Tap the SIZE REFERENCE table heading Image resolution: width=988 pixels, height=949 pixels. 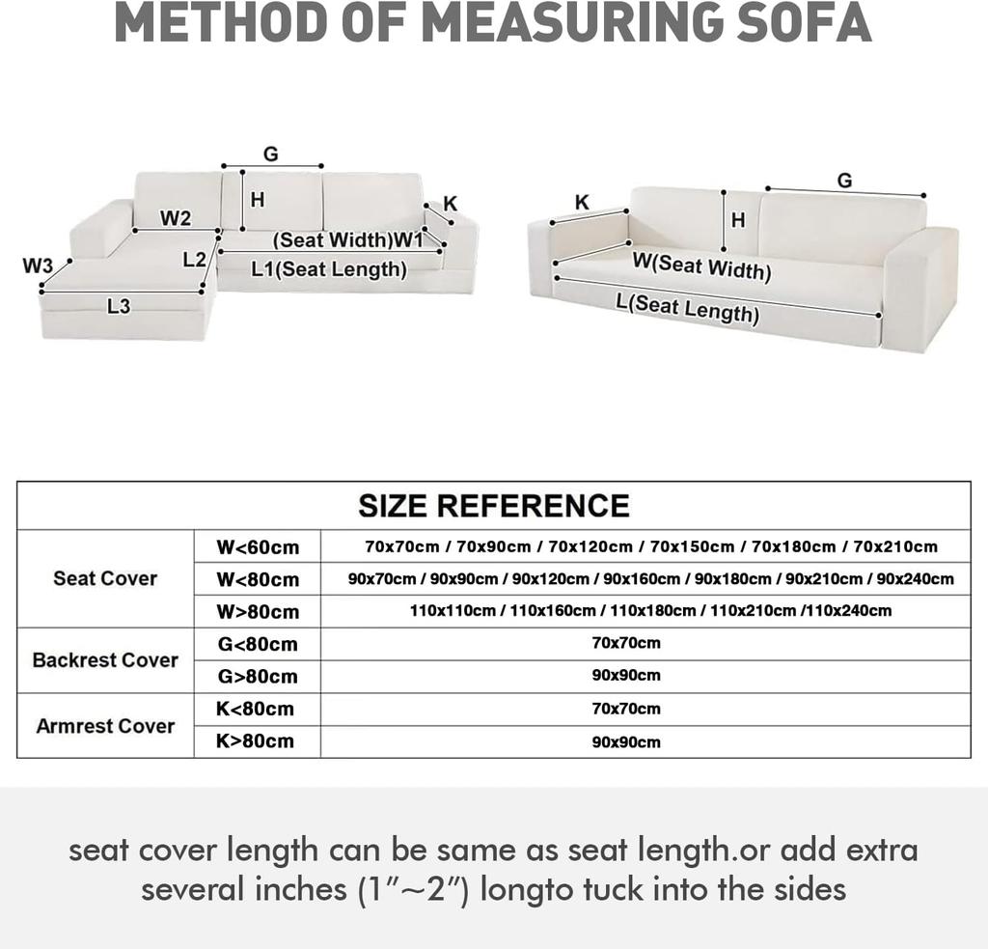[x=494, y=505]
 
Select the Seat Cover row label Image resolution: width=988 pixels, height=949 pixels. [x=105, y=578]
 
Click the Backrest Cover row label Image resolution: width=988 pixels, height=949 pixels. [x=105, y=660]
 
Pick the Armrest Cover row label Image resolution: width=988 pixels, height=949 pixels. [x=105, y=726]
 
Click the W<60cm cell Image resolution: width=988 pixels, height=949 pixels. [x=258, y=547]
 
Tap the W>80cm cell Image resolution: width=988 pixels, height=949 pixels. [x=258, y=611]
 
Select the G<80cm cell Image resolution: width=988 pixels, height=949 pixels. [x=258, y=644]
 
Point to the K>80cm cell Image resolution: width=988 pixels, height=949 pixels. [x=256, y=741]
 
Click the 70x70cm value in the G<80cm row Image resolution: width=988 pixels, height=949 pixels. [x=626, y=643]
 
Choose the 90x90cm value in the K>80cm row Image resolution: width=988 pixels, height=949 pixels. [x=626, y=741]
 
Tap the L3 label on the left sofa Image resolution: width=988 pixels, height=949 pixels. [x=119, y=306]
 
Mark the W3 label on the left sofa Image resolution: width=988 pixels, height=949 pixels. [x=38, y=265]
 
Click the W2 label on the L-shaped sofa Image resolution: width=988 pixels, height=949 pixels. [x=175, y=218]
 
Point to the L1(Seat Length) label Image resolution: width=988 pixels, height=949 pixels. [x=329, y=269]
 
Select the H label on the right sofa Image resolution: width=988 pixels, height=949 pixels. [x=738, y=220]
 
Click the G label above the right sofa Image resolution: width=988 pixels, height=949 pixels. [x=844, y=181]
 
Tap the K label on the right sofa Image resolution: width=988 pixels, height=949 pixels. [x=582, y=202]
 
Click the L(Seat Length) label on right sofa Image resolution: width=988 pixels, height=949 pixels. [x=687, y=309]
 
